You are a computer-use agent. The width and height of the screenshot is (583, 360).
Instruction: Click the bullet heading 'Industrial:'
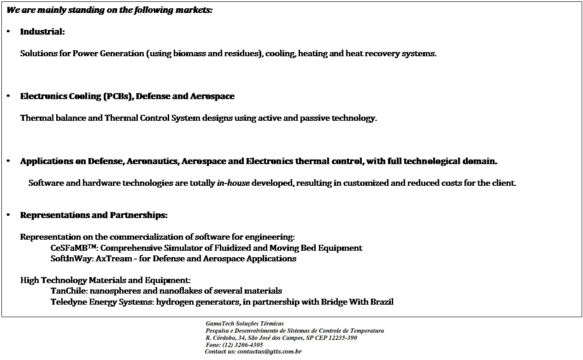(x=42, y=32)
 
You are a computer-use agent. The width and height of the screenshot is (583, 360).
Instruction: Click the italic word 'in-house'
(x=233, y=183)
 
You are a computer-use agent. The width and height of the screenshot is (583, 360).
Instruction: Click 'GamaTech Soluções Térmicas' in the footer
(x=245, y=324)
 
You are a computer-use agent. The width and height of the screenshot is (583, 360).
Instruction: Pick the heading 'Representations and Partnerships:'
(x=94, y=215)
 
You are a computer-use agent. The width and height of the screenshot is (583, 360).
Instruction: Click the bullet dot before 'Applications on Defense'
(x=9, y=161)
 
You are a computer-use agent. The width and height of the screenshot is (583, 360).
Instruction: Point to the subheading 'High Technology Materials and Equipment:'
(x=105, y=280)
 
